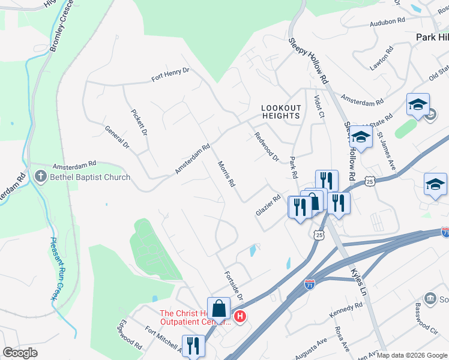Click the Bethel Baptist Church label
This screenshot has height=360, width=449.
coord(90,177)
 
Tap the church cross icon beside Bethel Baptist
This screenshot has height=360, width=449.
coord(40,177)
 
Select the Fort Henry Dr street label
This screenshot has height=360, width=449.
coord(170,74)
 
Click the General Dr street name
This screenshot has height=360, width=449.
coord(117,137)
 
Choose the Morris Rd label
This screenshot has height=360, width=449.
coord(225,173)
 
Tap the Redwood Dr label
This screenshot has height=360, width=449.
coord(267,147)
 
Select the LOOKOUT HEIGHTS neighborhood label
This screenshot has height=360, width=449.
coord(281,112)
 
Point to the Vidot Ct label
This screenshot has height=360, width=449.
coord(319,107)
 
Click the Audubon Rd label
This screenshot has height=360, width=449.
coord(388,20)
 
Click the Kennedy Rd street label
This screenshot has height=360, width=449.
coord(346,310)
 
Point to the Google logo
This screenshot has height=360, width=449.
coord(20,353)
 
